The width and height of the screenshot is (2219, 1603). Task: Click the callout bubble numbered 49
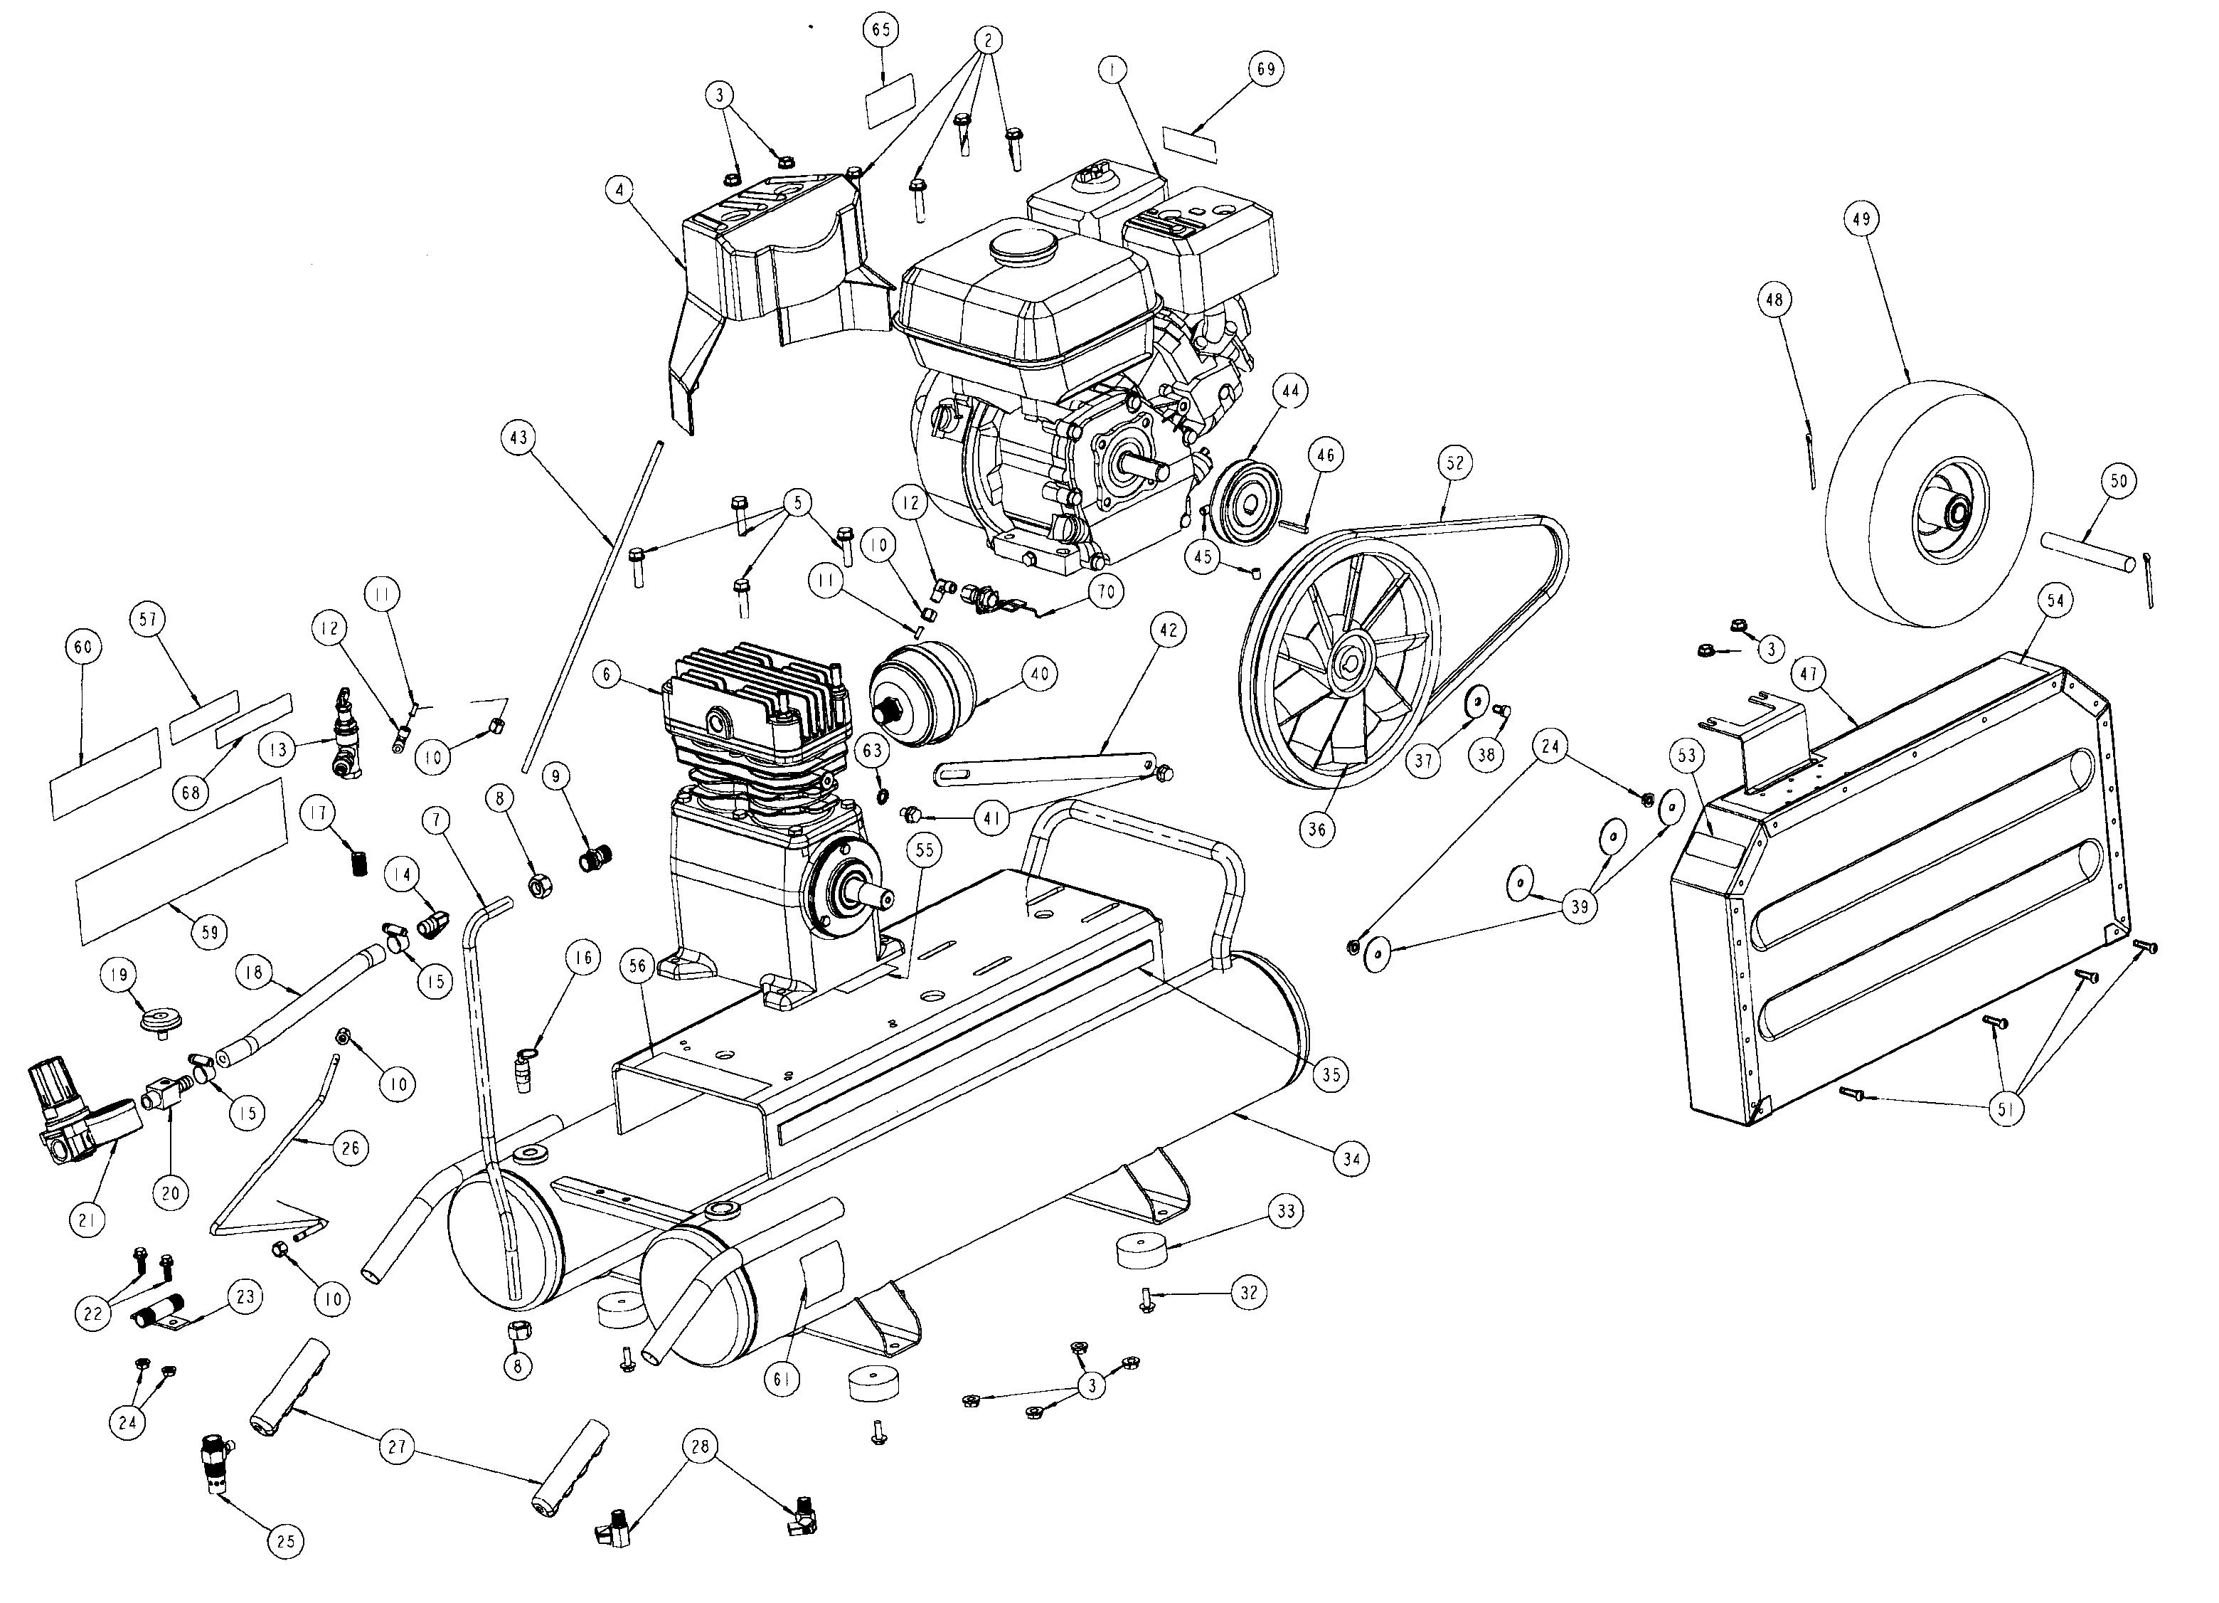[1861, 219]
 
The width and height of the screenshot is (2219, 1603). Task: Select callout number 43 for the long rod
[518, 438]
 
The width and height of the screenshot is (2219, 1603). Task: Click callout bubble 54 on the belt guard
[2055, 601]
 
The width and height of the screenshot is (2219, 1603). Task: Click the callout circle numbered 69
[1265, 70]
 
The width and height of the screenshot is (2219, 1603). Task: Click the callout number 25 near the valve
[284, 1541]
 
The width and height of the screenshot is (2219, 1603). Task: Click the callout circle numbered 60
[83, 647]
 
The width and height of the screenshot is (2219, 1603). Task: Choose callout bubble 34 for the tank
[1351, 1160]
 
